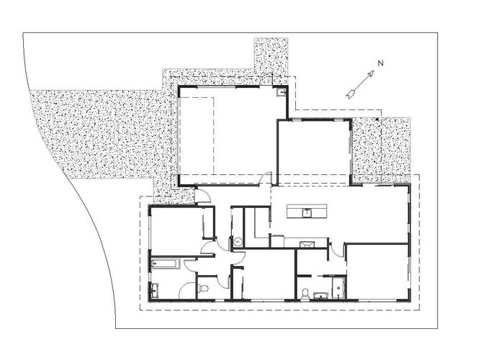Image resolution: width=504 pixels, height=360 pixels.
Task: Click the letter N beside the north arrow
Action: click(x=380, y=63)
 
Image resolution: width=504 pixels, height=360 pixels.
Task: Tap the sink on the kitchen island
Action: click(x=307, y=212)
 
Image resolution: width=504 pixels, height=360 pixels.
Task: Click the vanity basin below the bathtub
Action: click(x=154, y=290)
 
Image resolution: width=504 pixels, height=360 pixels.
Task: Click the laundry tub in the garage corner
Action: click(x=283, y=92)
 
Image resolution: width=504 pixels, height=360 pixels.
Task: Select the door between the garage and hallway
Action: click(x=267, y=178)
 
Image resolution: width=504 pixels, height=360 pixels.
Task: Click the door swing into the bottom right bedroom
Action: click(x=337, y=252)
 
